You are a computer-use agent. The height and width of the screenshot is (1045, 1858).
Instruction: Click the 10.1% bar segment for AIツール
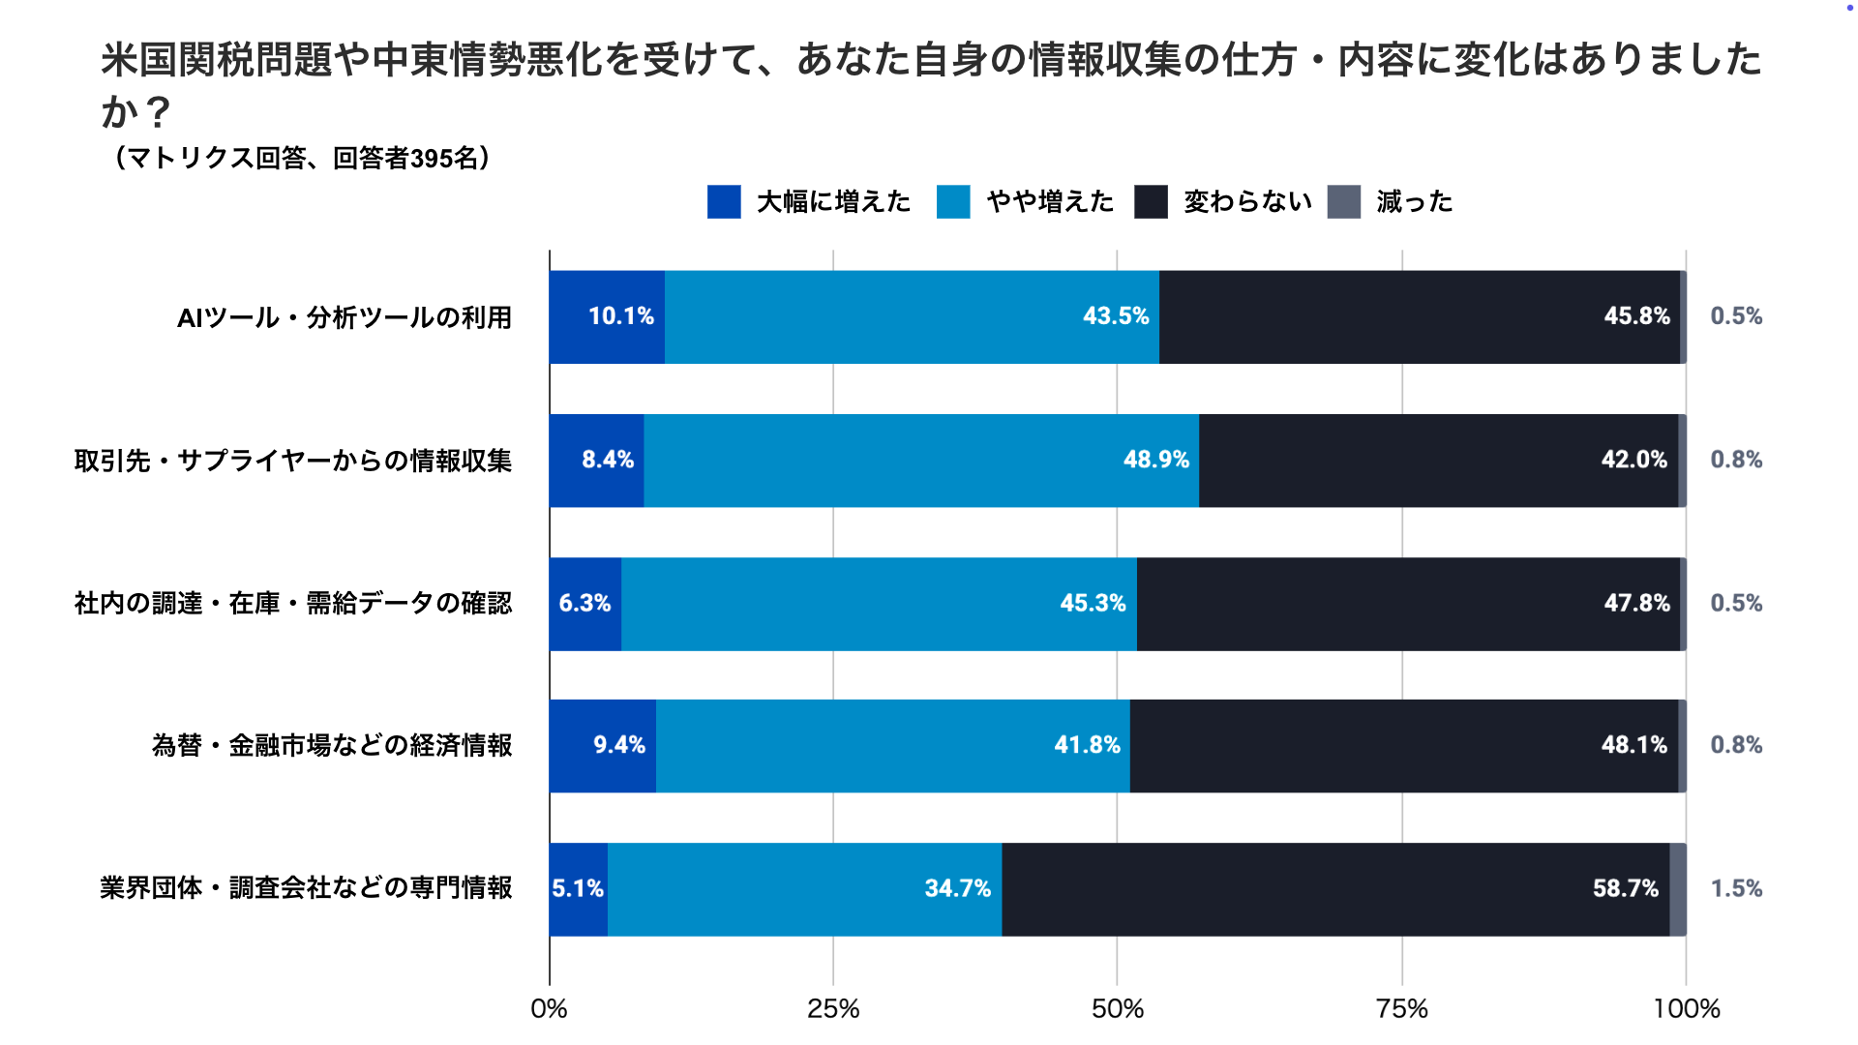[x=607, y=316]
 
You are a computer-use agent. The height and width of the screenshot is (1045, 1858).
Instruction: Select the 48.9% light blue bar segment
[x=920, y=460]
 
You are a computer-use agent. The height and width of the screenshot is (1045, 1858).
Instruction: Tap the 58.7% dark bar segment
[x=1335, y=888]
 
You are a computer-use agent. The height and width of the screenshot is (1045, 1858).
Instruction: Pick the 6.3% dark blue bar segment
[x=584, y=603]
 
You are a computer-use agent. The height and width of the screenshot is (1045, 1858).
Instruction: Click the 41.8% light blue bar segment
[x=892, y=745]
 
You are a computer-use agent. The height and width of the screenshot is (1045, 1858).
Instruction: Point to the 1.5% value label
[x=1736, y=888]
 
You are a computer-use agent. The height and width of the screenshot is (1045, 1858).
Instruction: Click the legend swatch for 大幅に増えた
[x=724, y=201]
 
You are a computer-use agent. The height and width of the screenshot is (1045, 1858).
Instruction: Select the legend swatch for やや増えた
[x=953, y=201]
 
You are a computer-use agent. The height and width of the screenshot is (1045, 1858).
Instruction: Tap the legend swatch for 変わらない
[x=1151, y=201]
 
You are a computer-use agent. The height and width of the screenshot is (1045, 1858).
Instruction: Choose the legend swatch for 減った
[x=1343, y=201]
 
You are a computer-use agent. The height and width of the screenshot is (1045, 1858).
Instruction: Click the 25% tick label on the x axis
[x=833, y=1009]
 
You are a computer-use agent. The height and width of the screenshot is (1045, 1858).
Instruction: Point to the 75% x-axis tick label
[x=1401, y=1009]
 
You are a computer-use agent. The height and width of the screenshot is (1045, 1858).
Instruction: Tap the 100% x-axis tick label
[x=1686, y=1009]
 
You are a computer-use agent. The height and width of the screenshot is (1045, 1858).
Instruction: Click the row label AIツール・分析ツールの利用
[x=345, y=317]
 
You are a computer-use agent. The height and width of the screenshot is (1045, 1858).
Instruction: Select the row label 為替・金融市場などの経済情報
[x=332, y=745]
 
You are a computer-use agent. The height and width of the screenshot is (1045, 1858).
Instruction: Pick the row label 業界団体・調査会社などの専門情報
[x=306, y=888]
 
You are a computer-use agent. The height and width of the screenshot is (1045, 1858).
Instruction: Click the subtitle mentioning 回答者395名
[x=302, y=158]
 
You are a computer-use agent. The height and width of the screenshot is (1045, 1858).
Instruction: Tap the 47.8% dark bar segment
[x=1408, y=603]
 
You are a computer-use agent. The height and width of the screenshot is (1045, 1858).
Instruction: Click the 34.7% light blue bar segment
[x=804, y=888]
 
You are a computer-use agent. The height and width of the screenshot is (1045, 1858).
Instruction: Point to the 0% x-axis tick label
[x=549, y=1009]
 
